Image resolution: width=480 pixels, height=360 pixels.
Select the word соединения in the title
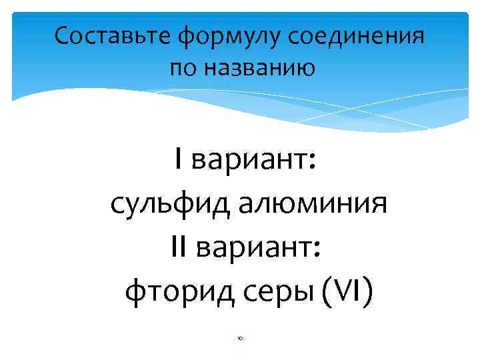(357, 37)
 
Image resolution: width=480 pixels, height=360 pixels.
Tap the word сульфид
(163, 203)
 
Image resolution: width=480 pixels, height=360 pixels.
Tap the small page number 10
(239, 338)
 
